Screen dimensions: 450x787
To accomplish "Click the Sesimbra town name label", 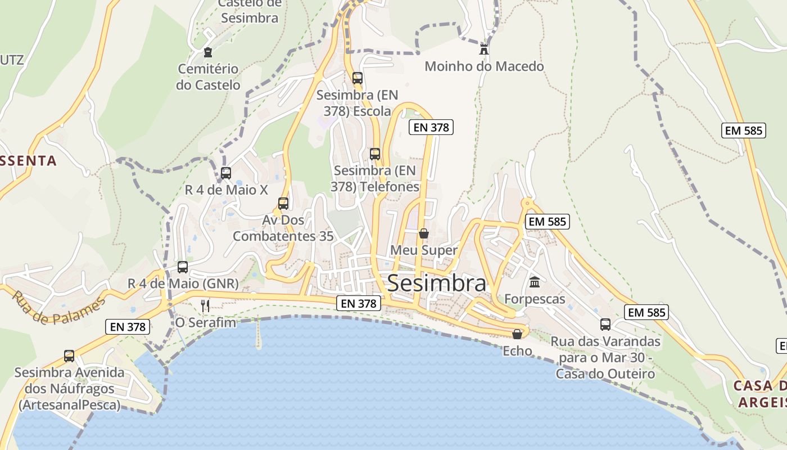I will click(436, 283).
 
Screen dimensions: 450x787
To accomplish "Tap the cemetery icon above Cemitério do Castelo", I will click(208, 52).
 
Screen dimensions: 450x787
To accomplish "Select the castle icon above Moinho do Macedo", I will click(483, 49).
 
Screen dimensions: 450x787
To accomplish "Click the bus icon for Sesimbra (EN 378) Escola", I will click(357, 78).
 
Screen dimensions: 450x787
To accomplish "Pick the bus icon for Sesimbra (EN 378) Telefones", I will click(375, 154).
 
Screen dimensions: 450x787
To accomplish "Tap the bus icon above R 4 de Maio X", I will click(226, 173).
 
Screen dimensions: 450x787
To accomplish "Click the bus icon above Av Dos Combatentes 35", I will click(283, 203).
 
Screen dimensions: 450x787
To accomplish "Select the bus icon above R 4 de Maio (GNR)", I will click(183, 267).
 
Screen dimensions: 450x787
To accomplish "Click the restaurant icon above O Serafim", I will click(205, 305).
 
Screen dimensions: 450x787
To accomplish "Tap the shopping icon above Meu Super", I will click(424, 233).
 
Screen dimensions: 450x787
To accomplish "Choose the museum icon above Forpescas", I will click(535, 282).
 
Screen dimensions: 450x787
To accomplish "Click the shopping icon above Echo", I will click(517, 334).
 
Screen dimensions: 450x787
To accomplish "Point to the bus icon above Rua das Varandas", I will click(605, 324).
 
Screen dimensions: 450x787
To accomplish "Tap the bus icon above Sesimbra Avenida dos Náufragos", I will click(69, 355).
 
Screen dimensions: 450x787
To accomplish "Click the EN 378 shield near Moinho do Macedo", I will click(431, 127).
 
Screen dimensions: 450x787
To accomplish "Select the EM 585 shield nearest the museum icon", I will click(548, 222).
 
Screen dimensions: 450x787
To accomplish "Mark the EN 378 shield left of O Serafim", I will click(128, 326).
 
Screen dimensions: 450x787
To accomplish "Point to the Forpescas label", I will click(535, 299).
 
